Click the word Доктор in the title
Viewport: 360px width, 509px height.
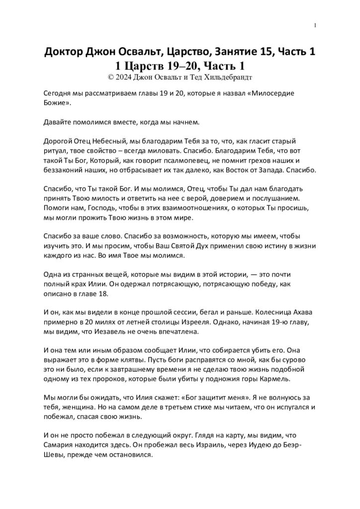(x=65, y=52)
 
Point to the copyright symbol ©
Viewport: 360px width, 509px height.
(x=110, y=77)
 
